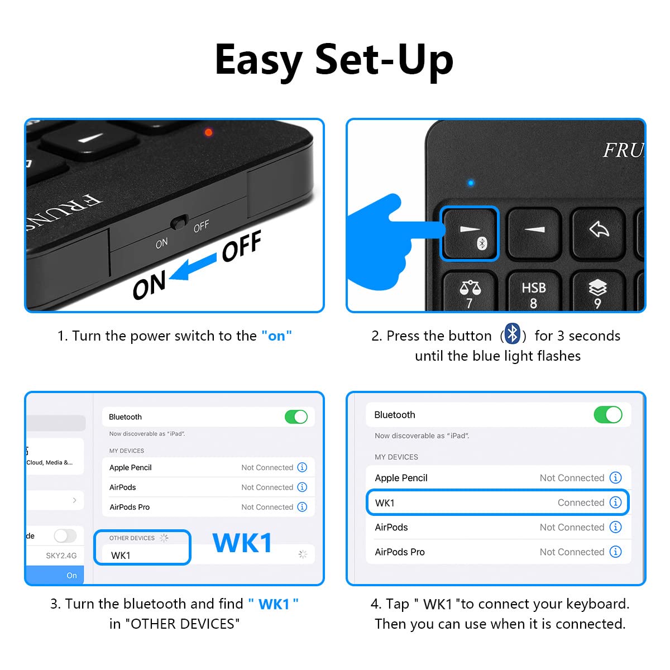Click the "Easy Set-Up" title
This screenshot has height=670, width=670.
[334, 60]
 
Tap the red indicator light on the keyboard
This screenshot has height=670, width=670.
[208, 132]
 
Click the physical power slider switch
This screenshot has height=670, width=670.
[179, 222]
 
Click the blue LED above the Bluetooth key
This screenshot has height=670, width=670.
[471, 183]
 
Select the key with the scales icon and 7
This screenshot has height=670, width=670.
[470, 293]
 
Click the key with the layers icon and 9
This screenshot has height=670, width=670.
[597, 293]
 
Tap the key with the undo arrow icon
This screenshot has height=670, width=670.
[599, 229]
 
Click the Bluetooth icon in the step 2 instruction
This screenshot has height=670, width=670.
[513, 334]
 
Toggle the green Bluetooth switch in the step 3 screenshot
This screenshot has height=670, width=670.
[296, 417]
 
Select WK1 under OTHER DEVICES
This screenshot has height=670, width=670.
[121, 555]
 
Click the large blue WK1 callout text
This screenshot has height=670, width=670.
[242, 543]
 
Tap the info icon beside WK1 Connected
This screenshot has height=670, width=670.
[615, 502]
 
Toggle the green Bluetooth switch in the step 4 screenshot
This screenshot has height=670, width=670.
[607, 415]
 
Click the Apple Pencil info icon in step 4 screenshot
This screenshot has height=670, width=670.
[615, 477]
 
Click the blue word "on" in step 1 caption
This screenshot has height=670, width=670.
[276, 336]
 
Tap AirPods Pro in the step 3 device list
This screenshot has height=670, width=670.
[130, 507]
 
